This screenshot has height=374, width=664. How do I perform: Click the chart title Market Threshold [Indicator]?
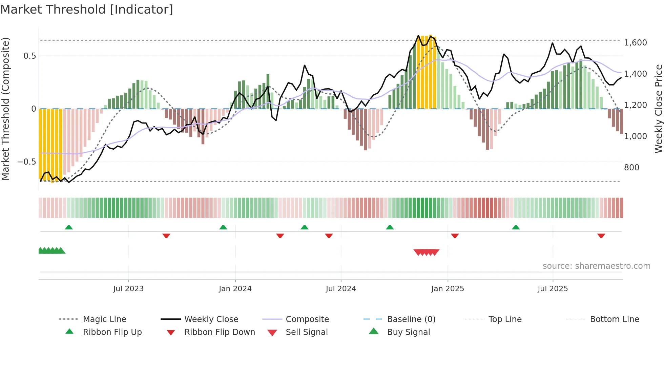click(87, 10)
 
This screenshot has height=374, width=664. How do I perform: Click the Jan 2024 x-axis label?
click(235, 288)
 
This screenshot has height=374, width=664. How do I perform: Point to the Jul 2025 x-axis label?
click(553, 288)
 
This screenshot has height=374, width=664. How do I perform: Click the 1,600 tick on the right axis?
click(635, 43)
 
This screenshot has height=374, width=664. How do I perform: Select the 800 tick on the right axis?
click(631, 168)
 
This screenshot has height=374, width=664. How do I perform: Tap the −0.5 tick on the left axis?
click(27, 162)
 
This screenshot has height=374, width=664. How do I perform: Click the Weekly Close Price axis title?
click(658, 109)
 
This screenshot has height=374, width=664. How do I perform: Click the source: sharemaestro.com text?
click(596, 266)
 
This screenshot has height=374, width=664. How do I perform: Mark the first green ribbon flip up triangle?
click(69, 227)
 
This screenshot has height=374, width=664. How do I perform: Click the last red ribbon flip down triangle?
click(601, 236)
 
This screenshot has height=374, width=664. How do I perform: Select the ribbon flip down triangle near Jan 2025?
click(455, 236)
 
